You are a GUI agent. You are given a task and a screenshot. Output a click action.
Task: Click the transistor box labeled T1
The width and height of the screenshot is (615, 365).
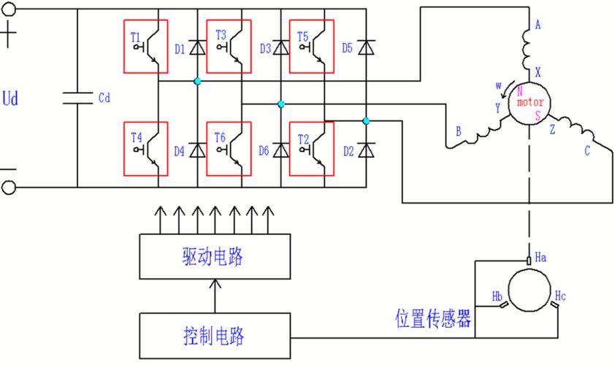[x=145, y=47]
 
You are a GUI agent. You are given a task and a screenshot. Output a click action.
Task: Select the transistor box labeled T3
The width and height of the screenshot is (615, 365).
[x=229, y=47]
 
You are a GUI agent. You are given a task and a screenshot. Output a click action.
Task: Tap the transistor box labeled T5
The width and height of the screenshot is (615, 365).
[x=312, y=47]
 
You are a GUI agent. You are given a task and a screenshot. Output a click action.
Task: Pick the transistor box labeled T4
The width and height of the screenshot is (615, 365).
[x=145, y=149]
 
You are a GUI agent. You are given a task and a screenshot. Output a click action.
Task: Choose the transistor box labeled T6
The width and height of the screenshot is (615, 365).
[x=229, y=149]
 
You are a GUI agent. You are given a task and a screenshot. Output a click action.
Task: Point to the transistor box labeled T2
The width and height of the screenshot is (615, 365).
[x=312, y=149]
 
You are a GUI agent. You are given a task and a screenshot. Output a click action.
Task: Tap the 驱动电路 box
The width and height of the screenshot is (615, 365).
[x=214, y=257]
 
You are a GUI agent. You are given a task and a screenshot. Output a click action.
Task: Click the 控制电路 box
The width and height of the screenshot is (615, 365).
[x=214, y=336]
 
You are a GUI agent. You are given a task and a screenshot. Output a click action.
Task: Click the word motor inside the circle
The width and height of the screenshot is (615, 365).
[x=530, y=103]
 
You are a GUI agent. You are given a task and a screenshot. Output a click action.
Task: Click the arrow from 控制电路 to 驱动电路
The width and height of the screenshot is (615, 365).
[x=214, y=296]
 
